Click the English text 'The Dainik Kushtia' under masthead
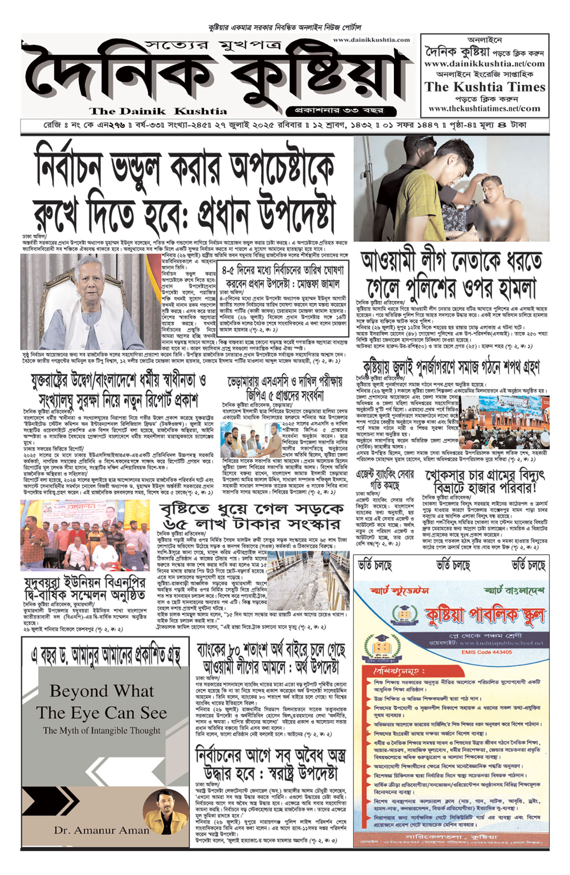[158, 111]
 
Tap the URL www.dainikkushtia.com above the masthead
[371, 40]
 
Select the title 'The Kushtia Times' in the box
[485, 87]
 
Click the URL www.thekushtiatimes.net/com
[484, 108]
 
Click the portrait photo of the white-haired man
[91, 296]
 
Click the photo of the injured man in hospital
[451, 189]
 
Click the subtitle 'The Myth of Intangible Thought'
[102, 731]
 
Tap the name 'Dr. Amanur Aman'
[102, 830]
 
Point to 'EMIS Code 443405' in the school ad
[486, 652]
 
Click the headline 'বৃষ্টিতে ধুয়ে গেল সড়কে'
[252, 509]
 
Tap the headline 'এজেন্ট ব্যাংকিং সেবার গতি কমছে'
[385, 480]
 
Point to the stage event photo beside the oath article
[504, 416]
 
